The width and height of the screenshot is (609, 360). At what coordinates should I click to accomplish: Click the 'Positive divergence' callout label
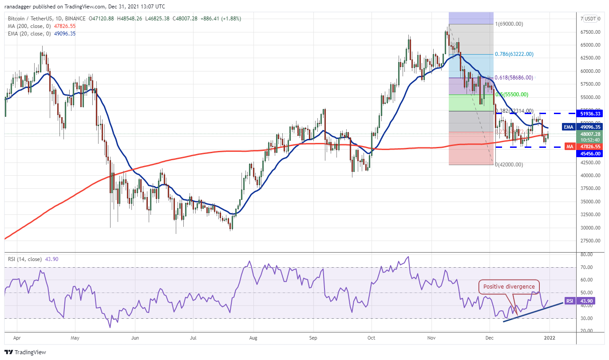pos(509,287)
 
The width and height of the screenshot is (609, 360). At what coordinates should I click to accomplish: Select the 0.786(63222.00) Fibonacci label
pos(514,54)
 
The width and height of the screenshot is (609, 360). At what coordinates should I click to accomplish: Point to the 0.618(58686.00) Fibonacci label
pos(514,77)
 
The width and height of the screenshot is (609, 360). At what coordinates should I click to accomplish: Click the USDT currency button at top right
pos(590,19)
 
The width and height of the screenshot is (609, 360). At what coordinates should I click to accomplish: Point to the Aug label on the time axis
pos(253,338)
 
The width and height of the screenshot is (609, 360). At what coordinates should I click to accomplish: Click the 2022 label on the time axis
pos(549,338)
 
